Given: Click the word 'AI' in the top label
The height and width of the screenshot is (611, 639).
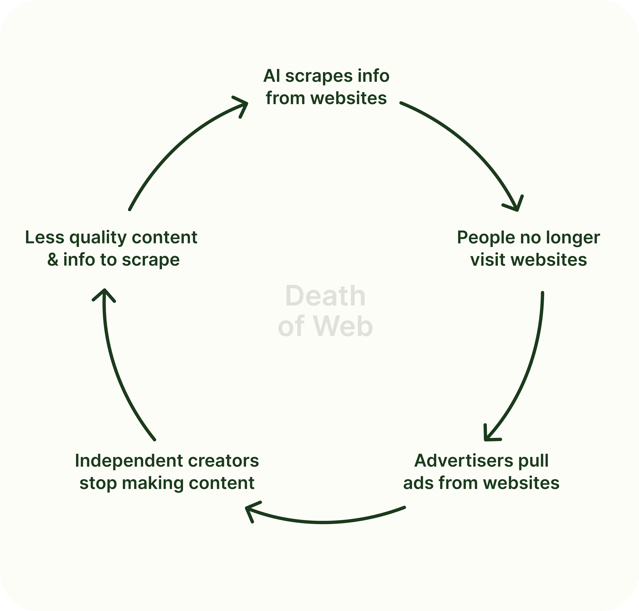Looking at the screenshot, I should (x=272, y=76).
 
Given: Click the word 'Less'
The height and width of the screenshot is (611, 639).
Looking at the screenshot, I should (x=45, y=237).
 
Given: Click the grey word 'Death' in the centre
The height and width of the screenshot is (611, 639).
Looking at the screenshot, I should (x=325, y=296).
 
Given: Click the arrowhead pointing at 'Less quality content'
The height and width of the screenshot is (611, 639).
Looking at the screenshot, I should (x=104, y=292).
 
